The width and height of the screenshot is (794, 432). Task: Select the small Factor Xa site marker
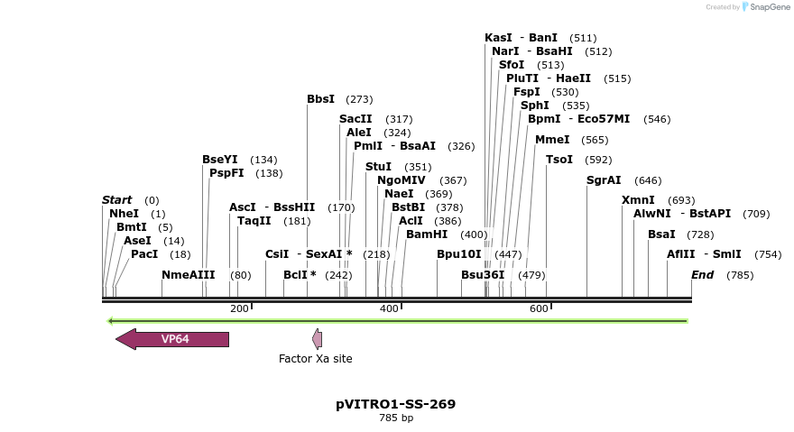coord(317,339)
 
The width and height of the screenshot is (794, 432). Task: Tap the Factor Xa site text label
coord(315,359)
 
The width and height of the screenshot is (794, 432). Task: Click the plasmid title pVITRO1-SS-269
coord(395,404)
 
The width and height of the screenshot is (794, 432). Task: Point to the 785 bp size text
coord(395,418)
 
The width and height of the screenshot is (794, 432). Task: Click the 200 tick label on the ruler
coord(239,309)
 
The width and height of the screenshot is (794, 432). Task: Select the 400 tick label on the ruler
coord(389,309)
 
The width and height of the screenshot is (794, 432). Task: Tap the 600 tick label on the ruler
coord(539,309)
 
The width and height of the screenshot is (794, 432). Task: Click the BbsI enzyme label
coord(320,99)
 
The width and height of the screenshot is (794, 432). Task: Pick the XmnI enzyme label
coord(638,200)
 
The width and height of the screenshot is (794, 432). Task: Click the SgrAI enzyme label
coord(604,180)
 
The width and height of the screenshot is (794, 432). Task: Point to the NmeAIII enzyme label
coord(188,275)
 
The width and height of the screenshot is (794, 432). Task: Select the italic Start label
coord(116,200)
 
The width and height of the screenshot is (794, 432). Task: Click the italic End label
coord(703,275)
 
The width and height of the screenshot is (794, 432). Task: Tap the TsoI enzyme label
coord(559,160)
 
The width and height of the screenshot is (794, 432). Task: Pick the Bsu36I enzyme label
coord(483,275)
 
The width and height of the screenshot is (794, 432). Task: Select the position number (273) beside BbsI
coord(359,99)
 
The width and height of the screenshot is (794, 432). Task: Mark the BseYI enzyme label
coord(220,160)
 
